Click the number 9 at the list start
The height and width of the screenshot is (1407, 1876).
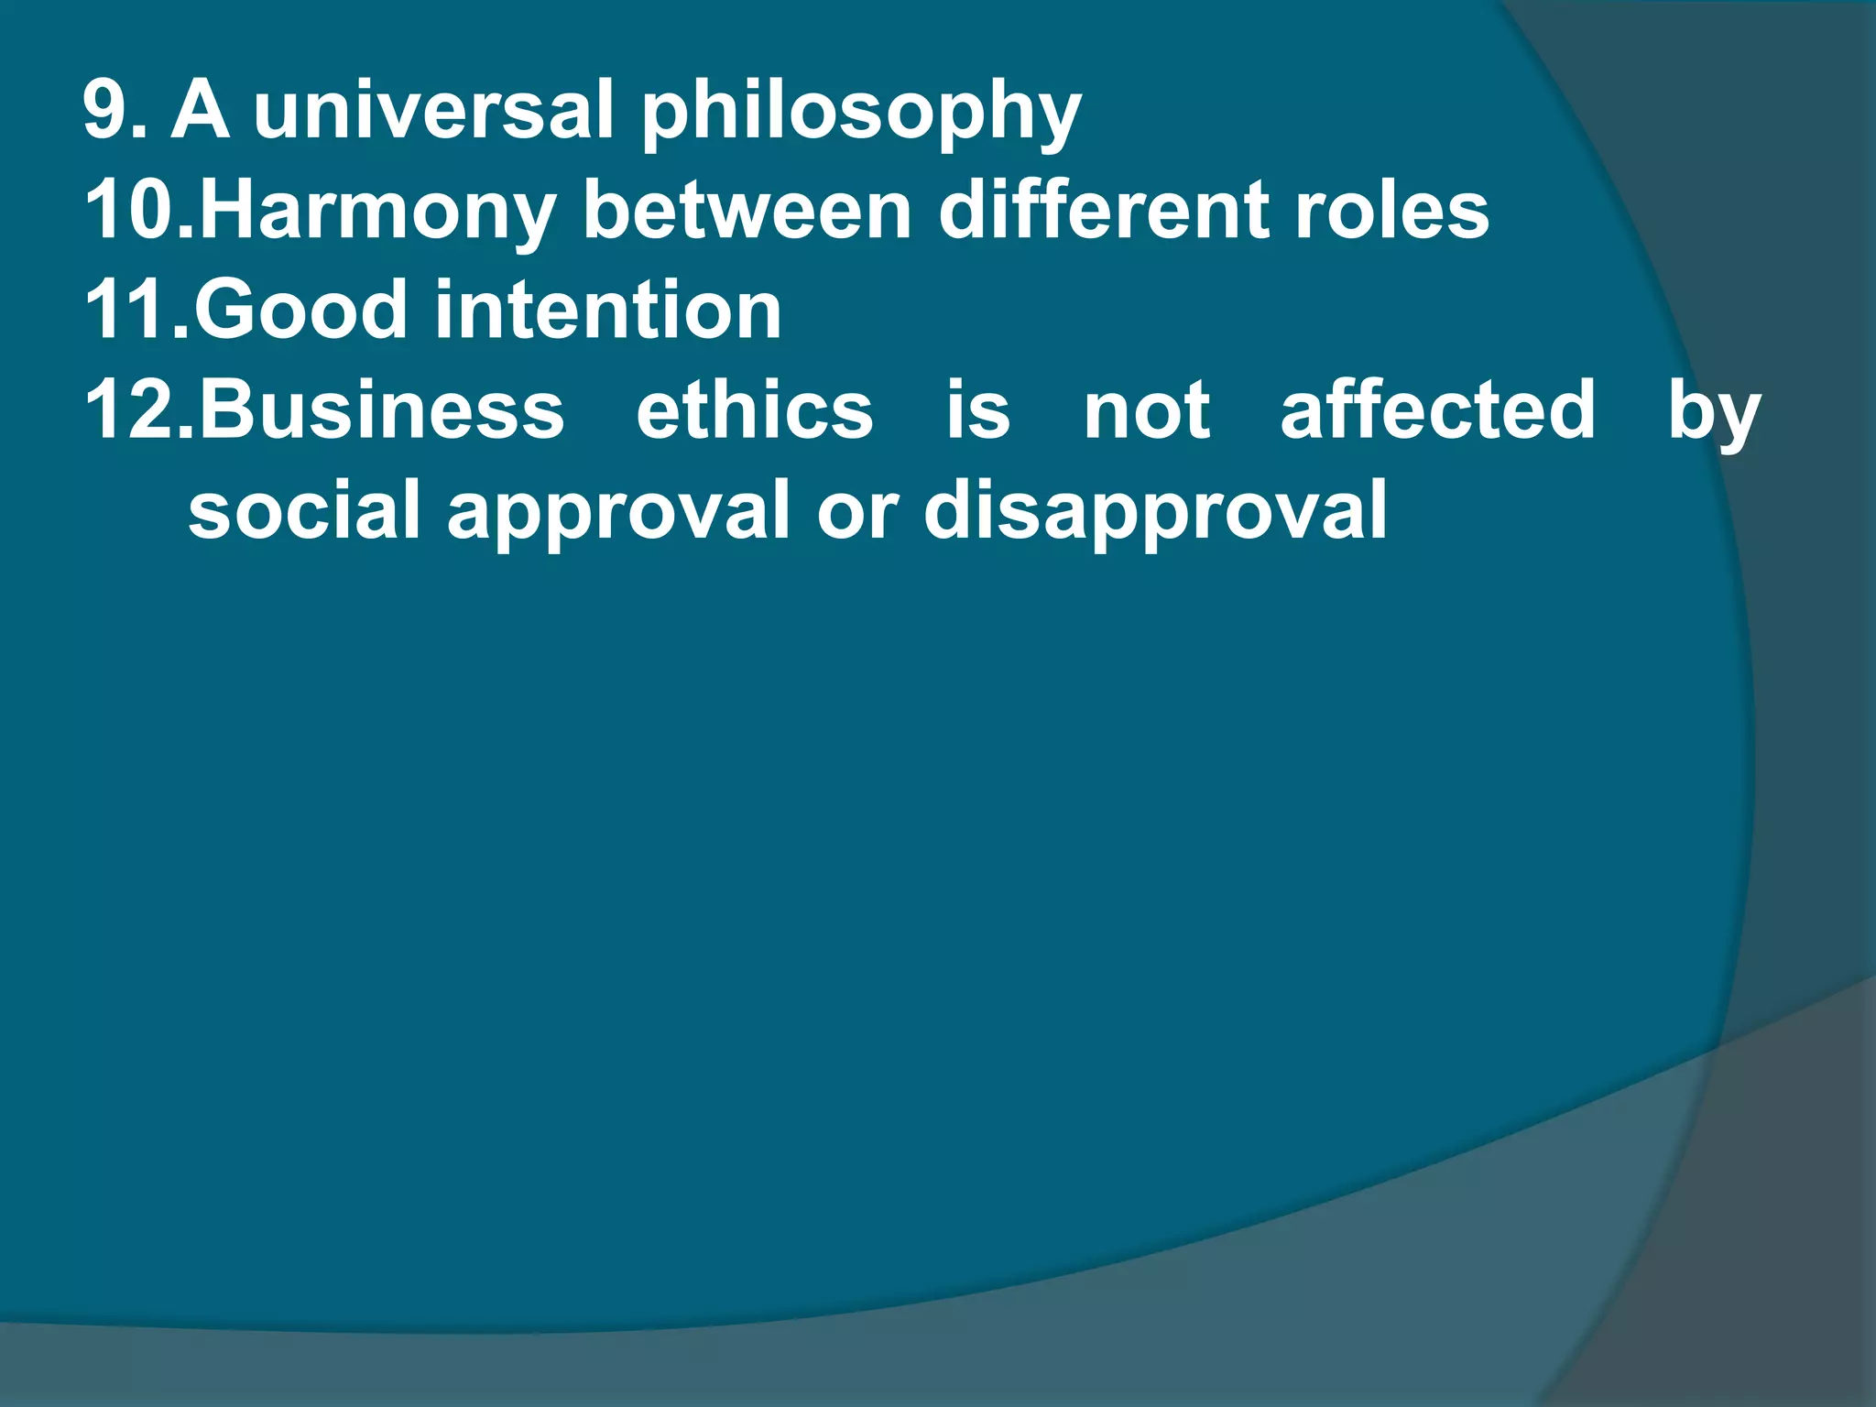(x=108, y=110)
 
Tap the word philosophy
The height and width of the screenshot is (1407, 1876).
(x=861, y=115)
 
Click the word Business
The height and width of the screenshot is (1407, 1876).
(x=381, y=409)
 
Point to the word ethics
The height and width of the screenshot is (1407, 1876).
(x=755, y=409)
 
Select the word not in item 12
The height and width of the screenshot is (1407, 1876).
(x=1147, y=409)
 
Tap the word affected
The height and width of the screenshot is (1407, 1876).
(x=1438, y=409)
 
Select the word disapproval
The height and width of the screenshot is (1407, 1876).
(x=1155, y=514)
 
